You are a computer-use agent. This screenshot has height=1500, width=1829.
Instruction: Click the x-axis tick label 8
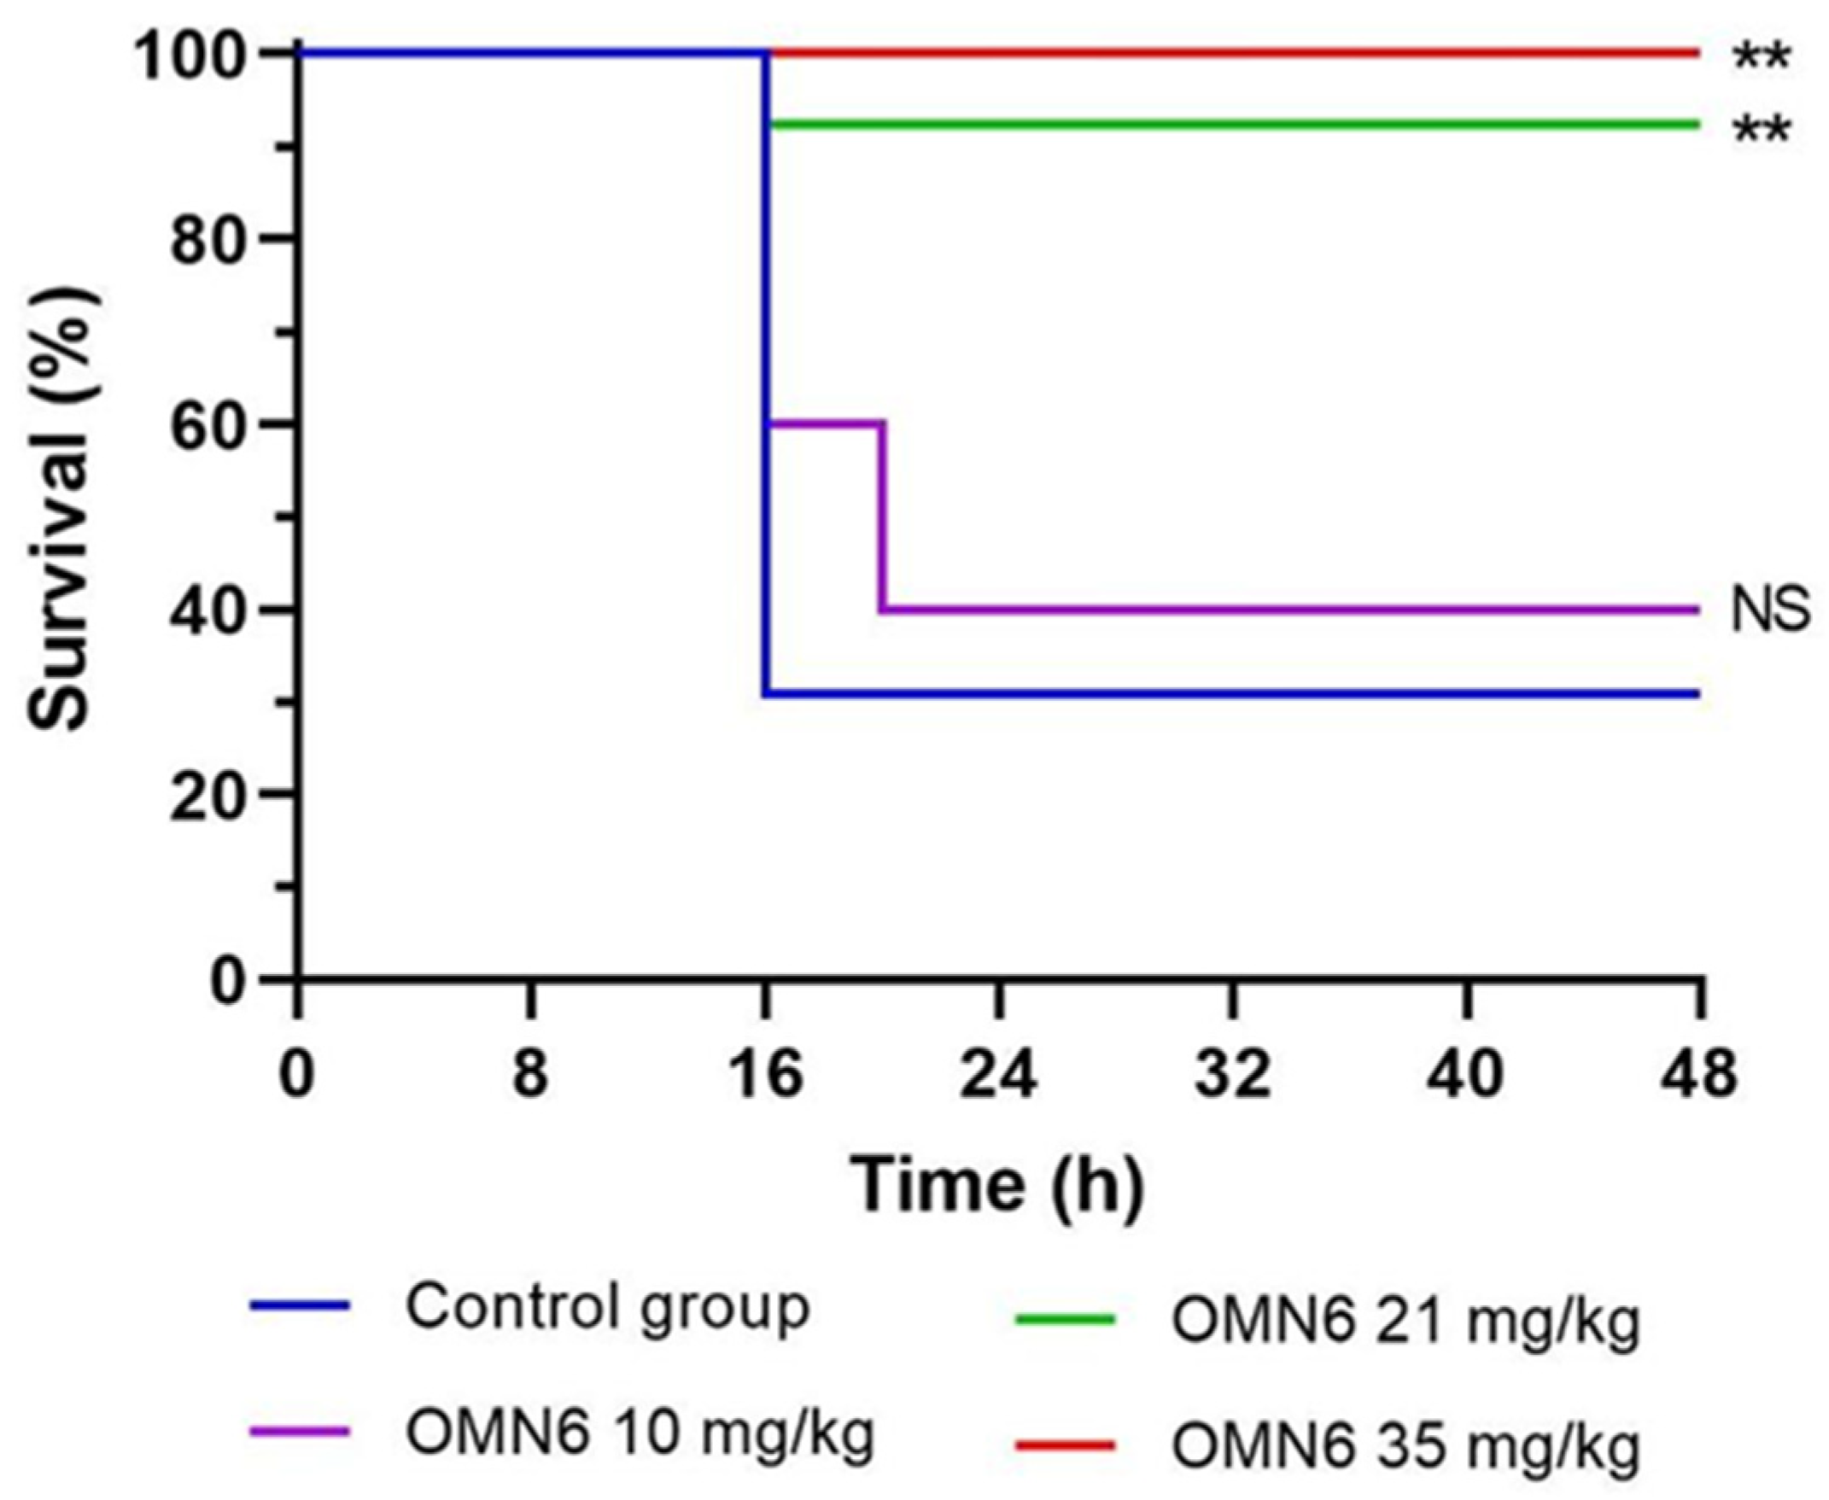[x=530, y=1075]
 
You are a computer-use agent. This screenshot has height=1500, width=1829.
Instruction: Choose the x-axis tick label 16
[x=765, y=1075]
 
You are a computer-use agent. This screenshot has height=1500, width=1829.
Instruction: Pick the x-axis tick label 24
[x=1000, y=1075]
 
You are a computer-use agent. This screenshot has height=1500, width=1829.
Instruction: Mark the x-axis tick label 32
[x=1234, y=1075]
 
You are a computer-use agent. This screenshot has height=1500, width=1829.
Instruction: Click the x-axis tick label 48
[x=1699, y=1075]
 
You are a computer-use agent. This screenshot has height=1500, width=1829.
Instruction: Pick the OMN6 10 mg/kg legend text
[x=640, y=1432]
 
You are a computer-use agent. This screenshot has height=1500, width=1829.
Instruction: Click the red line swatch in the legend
[x=1065, y=1444]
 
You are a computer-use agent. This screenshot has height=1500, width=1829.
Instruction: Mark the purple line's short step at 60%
[x=825, y=423]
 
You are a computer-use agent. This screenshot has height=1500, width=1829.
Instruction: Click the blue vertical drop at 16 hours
[x=765, y=371]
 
